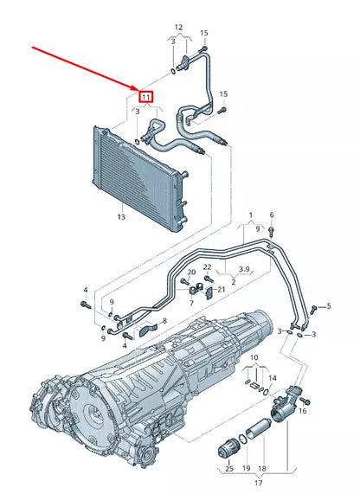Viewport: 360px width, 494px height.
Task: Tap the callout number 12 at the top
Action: (178, 26)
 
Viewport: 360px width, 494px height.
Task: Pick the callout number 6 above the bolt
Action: (271, 215)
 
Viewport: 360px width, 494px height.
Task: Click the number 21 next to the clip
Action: (221, 289)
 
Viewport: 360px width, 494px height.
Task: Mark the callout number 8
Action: (164, 321)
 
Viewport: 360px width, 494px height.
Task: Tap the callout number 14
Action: (273, 378)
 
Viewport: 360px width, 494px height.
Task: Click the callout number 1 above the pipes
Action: (250, 214)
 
